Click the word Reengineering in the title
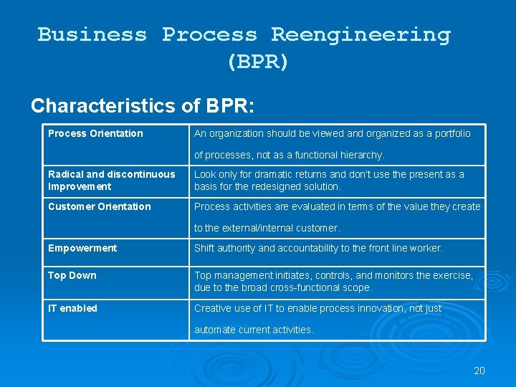click(x=360, y=34)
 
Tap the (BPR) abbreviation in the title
click(x=257, y=62)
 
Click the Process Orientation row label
click(x=95, y=133)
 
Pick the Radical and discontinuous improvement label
click(x=111, y=181)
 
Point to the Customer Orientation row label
click(x=100, y=206)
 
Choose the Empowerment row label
click(x=82, y=248)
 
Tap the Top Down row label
click(x=72, y=275)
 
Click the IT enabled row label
click(x=73, y=308)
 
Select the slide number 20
click(x=479, y=371)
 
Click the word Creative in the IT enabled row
click(x=211, y=308)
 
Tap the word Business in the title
click(x=92, y=34)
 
